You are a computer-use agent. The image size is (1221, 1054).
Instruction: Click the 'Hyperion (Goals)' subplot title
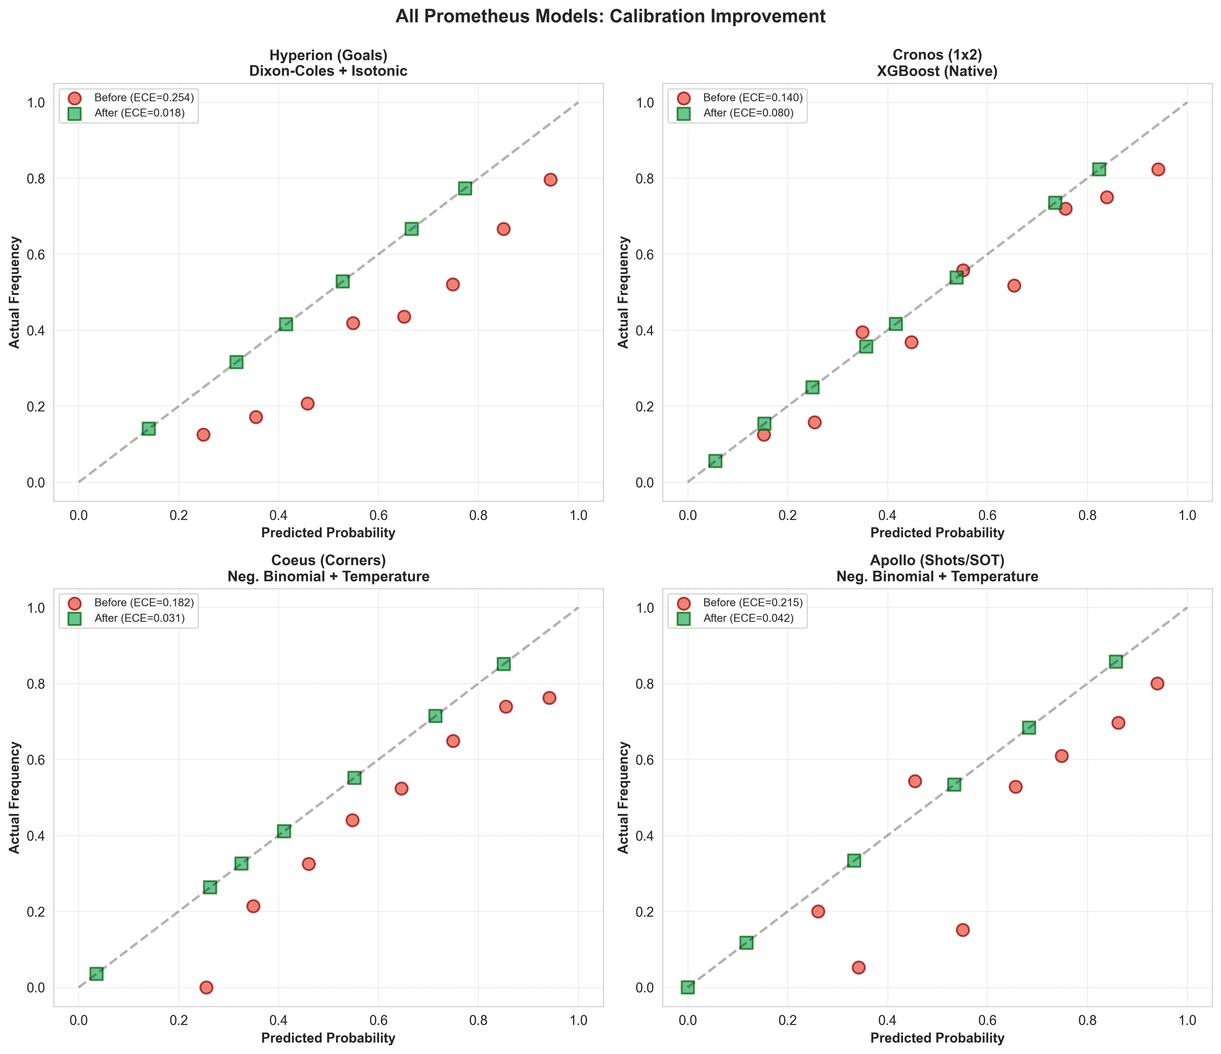click(x=328, y=55)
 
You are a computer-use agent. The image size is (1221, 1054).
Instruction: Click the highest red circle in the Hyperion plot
click(x=550, y=180)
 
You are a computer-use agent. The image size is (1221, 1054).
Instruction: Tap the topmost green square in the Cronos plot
click(x=1099, y=169)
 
